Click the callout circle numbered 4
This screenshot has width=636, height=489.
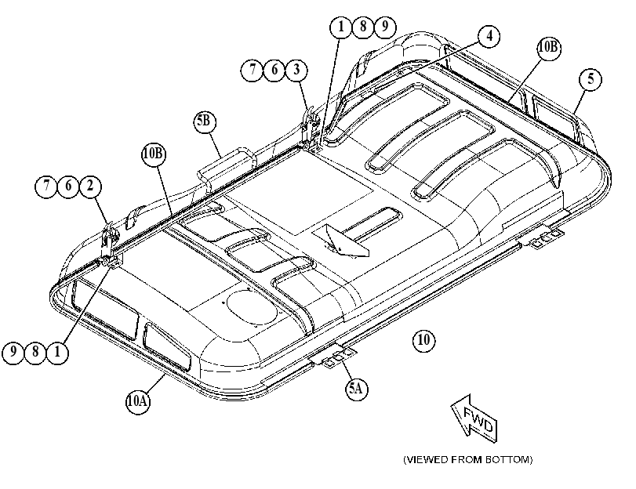pos(489,37)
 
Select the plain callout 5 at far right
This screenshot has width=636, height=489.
pos(591,79)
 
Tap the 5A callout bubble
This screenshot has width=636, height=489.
pos(357,389)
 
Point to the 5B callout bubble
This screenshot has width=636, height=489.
pos(205,121)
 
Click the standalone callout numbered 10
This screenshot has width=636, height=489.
pos(423,339)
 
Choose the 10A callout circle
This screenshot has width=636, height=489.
pos(137,401)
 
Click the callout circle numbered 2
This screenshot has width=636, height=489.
pos(90,186)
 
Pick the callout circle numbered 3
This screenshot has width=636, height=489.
pos(296,70)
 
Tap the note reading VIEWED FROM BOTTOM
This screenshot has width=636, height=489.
pos(467,460)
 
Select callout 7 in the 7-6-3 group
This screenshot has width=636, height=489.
pos(253,70)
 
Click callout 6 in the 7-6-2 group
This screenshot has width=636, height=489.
pos(68,186)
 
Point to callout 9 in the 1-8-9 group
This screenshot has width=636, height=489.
pos(384,27)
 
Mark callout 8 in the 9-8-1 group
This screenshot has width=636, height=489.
pos(35,352)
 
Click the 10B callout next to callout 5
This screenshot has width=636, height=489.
pos(549,48)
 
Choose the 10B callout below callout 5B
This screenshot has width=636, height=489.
pos(154,154)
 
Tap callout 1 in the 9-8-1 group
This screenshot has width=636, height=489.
pos(57,352)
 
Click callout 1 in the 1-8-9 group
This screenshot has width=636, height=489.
pos(340,27)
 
